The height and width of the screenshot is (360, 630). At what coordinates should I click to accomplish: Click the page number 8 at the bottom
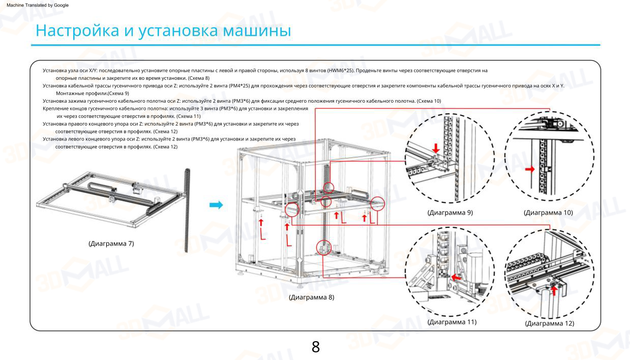(315, 347)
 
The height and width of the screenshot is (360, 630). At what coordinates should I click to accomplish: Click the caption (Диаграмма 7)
(111, 244)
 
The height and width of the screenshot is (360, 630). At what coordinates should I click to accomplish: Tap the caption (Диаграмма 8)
(311, 297)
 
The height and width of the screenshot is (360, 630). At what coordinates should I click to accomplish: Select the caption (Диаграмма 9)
(450, 213)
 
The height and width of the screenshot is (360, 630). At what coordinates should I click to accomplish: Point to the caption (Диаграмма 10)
(548, 213)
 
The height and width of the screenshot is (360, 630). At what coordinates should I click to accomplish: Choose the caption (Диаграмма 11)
(452, 322)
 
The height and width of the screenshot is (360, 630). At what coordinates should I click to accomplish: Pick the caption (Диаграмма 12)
(550, 323)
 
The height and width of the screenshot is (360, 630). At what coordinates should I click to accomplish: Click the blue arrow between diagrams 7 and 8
(217, 205)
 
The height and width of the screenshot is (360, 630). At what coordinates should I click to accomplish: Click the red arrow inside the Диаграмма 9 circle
(436, 148)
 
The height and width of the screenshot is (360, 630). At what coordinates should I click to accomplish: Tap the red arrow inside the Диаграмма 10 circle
(530, 169)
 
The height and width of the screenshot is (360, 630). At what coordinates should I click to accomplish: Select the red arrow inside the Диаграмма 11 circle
(458, 278)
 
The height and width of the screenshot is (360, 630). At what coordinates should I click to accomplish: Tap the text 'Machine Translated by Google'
(37, 5)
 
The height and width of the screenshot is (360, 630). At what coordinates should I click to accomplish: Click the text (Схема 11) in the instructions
(188, 116)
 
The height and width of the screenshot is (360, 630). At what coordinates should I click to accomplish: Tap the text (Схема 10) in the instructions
(429, 101)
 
